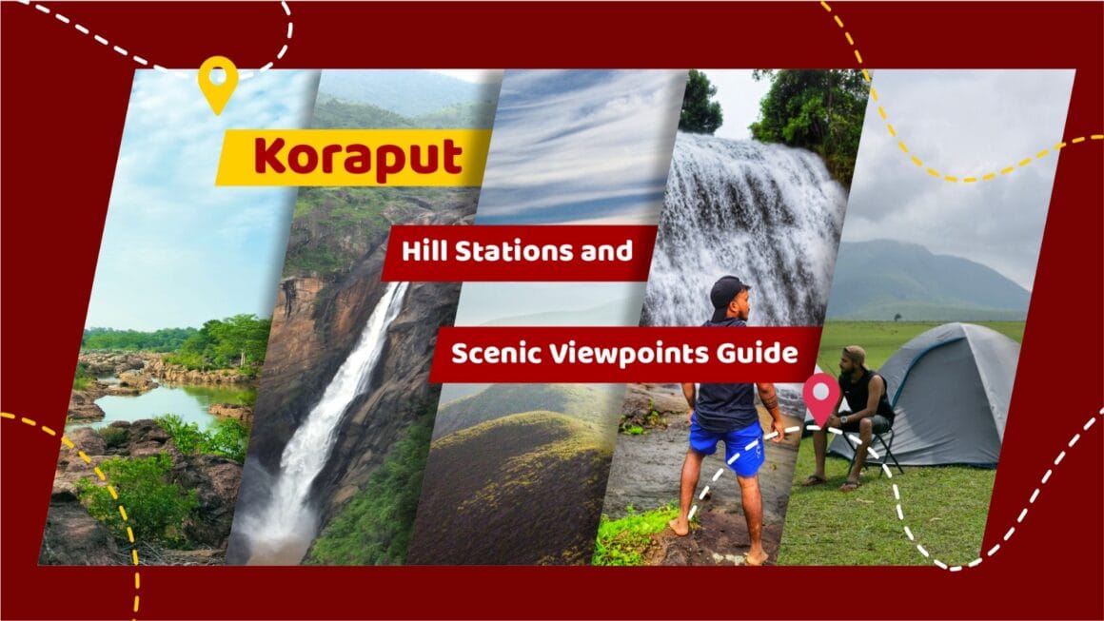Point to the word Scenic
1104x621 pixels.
(492, 355)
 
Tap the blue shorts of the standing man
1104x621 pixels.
(728, 447)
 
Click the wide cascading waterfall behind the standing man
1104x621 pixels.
(752, 219)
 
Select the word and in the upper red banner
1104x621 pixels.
(609, 252)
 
